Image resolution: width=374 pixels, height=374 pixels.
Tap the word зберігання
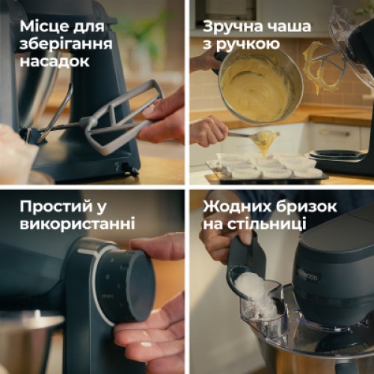click(67, 44)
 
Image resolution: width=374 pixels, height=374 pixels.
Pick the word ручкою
click(251, 44)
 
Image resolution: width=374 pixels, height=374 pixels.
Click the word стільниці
click(279, 223)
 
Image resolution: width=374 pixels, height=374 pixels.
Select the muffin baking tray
click(269, 168)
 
